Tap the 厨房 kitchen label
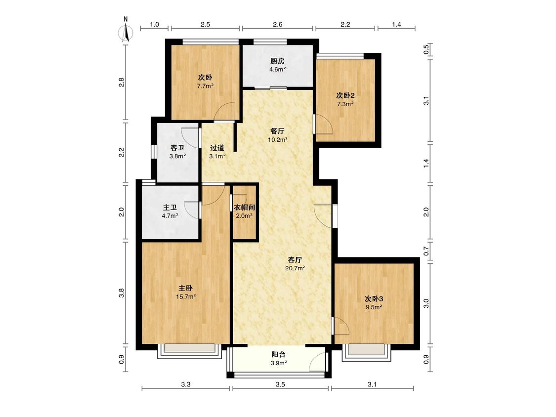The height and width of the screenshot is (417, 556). [x=277, y=61]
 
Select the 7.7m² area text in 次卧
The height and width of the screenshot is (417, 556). [x=205, y=86]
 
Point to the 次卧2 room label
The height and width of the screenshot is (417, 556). [x=345, y=95]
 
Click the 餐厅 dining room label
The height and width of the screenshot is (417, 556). [x=277, y=131]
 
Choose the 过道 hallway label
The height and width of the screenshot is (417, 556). [x=217, y=148]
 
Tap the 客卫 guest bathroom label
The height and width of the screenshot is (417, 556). [x=177, y=148]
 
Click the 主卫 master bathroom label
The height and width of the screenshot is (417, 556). [x=170, y=207]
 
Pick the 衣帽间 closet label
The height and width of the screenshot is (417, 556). [x=244, y=208]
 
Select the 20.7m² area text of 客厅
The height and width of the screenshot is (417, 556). [x=295, y=268]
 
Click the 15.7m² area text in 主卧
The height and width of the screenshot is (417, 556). [x=186, y=297]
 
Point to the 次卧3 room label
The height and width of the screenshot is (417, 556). [x=374, y=298]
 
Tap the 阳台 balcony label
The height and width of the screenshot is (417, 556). [x=278, y=354]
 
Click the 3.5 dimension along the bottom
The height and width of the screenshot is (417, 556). [x=280, y=384]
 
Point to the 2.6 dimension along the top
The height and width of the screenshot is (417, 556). [x=278, y=25]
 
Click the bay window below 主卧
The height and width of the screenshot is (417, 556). [x=190, y=350]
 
